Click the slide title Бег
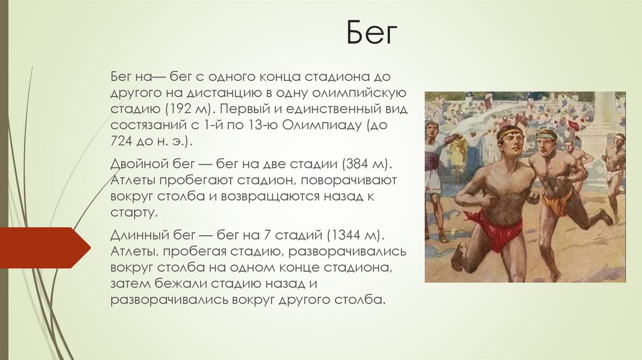click(x=373, y=34)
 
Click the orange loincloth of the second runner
click(x=558, y=203)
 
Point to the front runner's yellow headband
click(x=508, y=131)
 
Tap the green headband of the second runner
click(x=546, y=134)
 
